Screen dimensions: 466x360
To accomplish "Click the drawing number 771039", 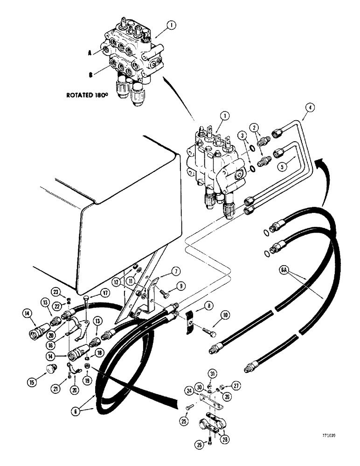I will [342, 436].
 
